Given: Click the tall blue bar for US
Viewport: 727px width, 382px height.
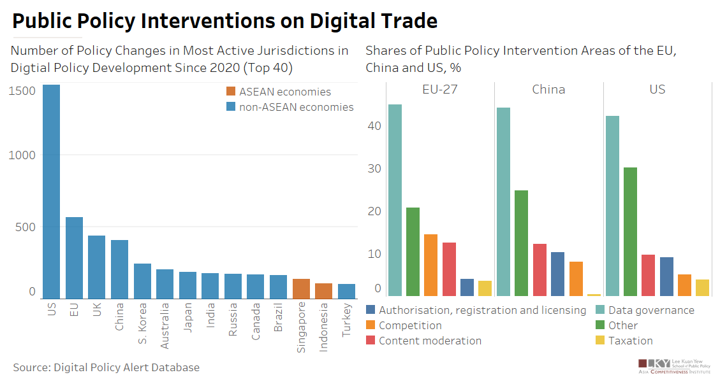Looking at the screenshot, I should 52,191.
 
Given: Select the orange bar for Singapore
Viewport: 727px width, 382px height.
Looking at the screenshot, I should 301,288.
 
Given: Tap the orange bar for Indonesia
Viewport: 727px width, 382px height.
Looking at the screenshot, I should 324,291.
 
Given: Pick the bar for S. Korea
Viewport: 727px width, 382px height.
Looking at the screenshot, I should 142,281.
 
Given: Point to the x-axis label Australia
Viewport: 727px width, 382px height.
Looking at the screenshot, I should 165,325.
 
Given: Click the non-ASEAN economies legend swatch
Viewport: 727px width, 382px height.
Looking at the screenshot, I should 231,107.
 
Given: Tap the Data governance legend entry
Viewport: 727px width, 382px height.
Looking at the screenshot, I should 650,310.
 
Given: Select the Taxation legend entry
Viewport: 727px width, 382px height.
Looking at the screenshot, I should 630,341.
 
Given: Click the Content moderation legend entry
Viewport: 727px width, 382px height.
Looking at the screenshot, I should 430,341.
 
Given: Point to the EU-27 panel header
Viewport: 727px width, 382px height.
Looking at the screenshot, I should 439,89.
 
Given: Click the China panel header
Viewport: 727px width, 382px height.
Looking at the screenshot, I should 548,89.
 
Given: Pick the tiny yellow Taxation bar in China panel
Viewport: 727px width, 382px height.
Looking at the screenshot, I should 594,295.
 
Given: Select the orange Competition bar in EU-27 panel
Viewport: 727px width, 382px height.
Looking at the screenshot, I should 430,265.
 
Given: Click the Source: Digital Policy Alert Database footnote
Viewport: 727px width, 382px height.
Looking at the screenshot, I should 106,367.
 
